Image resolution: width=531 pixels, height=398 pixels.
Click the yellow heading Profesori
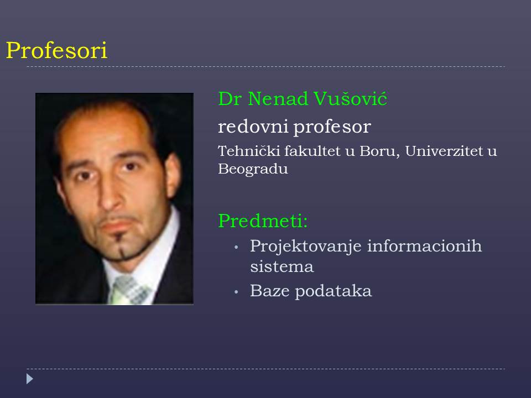pos(56,51)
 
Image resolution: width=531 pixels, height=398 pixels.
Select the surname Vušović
pos(350,98)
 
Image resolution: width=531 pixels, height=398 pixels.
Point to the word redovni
pos(253,127)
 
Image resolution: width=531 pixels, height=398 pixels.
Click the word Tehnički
pos(249,150)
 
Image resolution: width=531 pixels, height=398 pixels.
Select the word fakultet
pos(312,150)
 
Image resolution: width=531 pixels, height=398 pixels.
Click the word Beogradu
pos(253,169)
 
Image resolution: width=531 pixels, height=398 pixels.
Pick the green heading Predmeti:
pos(263,221)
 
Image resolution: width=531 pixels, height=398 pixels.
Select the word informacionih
pos(424,245)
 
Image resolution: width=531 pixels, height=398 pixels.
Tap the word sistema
pos(282,266)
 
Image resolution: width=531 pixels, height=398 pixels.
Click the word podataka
pos(333,291)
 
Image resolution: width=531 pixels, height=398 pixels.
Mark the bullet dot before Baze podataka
pos(236,292)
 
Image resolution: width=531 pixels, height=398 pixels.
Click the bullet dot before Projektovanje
pos(236,248)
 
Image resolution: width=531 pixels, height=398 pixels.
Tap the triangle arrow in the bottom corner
pos(30,379)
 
